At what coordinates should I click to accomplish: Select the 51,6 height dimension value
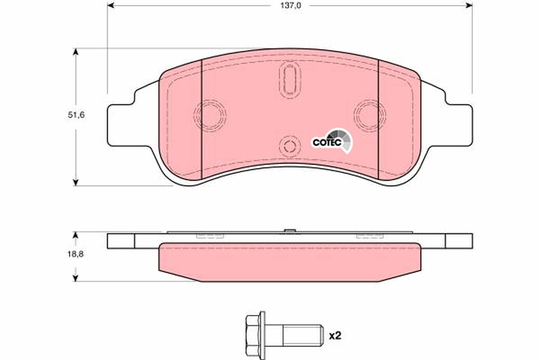tap(76, 115)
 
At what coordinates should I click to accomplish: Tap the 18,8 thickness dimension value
tap(76, 254)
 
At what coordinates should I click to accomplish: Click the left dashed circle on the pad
tap(209, 115)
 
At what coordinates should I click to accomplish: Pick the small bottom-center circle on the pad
tap(289, 145)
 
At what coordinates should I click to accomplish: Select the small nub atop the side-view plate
tap(290, 232)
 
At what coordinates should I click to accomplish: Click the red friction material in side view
tap(289, 262)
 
